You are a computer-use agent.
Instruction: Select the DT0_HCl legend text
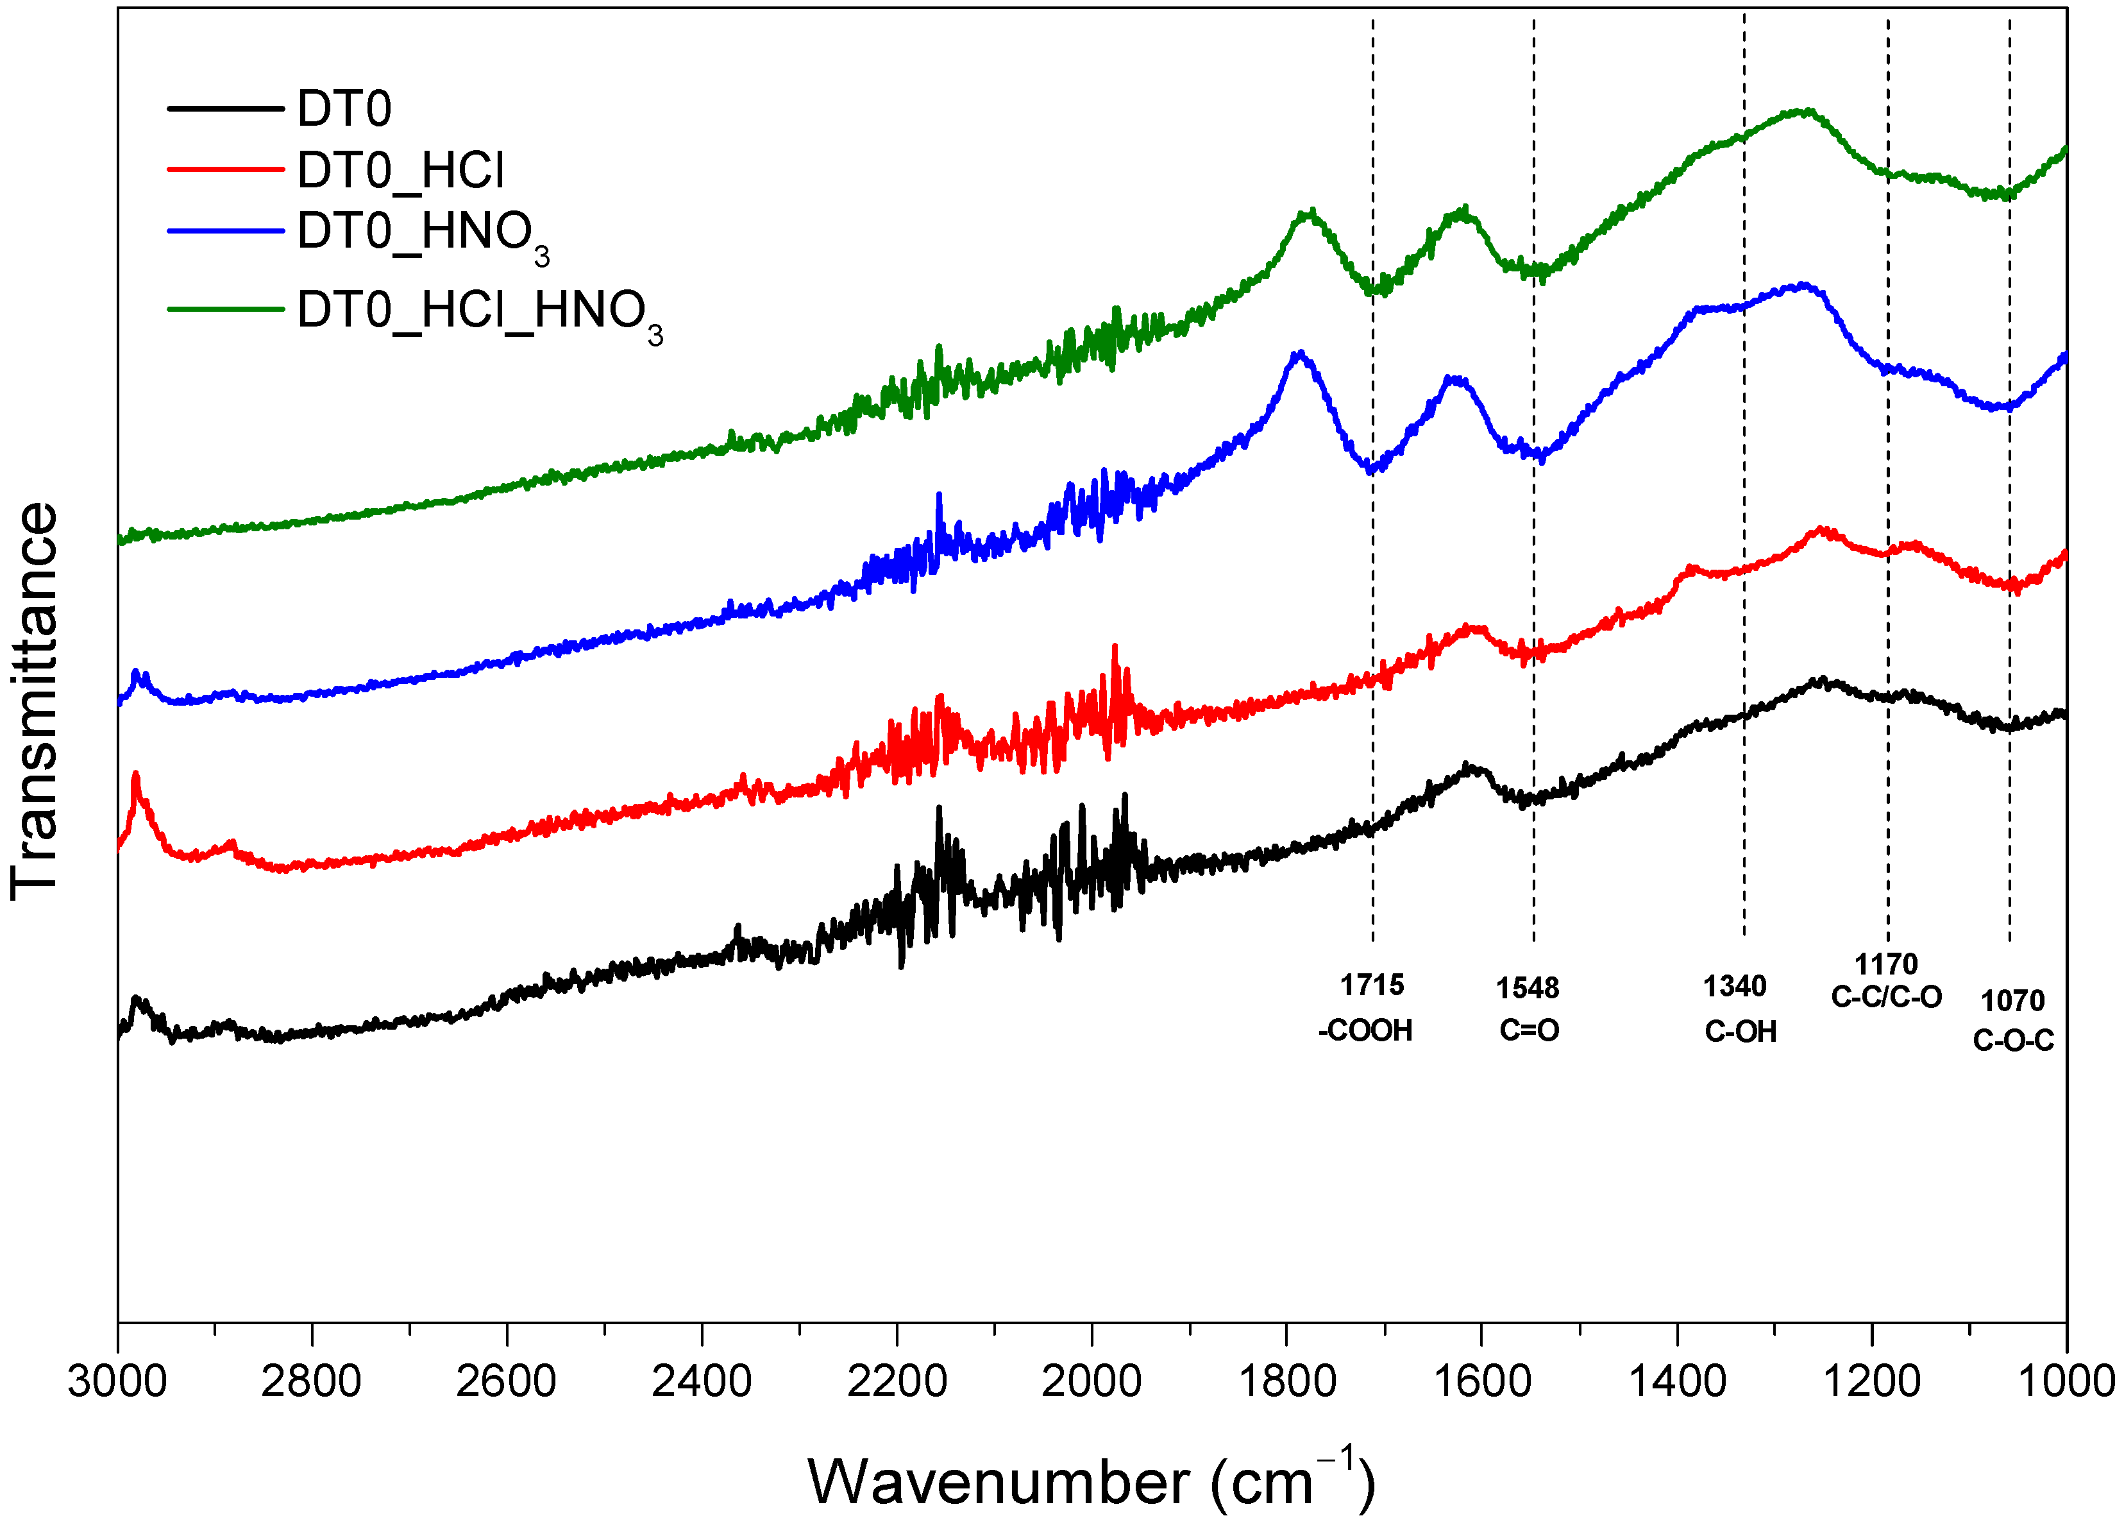point(401,171)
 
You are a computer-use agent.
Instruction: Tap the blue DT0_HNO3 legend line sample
point(224,230)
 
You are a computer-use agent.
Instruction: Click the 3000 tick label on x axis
point(117,1382)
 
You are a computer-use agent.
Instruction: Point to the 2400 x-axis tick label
point(702,1382)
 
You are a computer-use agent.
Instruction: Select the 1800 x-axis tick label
point(1286,1382)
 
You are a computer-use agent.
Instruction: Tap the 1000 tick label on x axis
point(2065,1382)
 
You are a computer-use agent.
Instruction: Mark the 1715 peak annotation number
point(1372,985)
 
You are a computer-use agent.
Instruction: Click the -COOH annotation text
point(1365,1030)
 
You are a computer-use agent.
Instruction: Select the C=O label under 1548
point(1530,1030)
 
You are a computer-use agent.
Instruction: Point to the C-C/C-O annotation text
point(1886,997)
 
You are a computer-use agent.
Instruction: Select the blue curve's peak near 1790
point(1298,354)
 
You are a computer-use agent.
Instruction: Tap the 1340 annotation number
point(1735,985)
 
